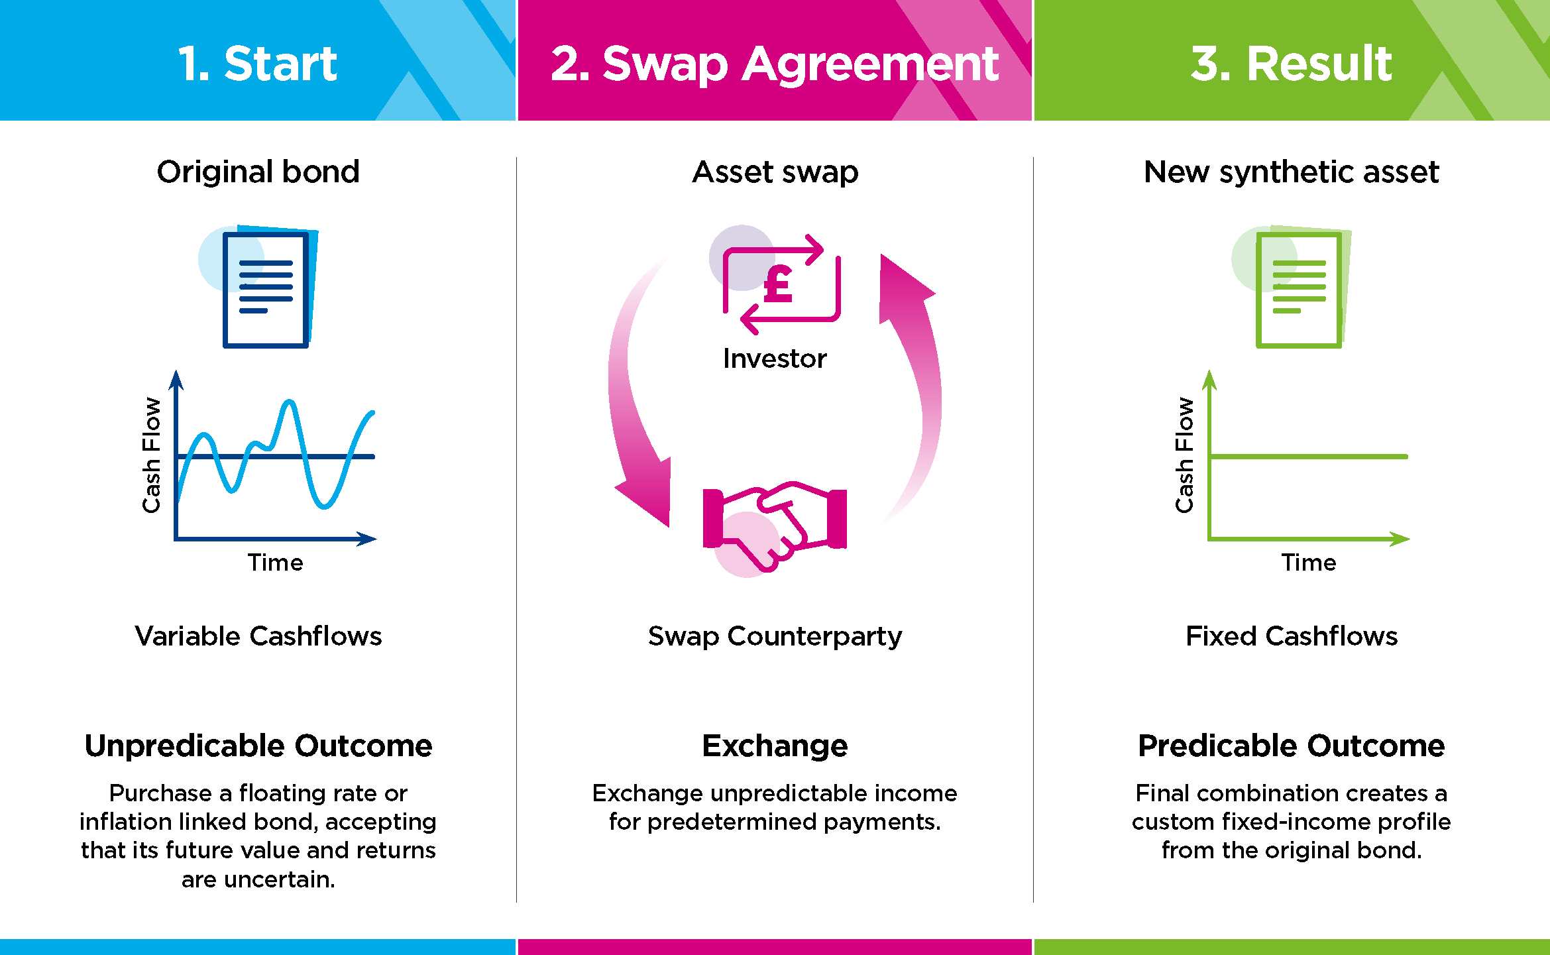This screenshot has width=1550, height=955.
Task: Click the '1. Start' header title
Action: click(258, 64)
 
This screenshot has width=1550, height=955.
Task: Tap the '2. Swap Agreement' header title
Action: click(774, 64)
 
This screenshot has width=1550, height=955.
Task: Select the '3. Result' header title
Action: click(1291, 64)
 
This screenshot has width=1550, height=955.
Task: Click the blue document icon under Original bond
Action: click(266, 288)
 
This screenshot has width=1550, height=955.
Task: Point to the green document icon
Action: click(1299, 288)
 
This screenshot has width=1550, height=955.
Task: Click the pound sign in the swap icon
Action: click(778, 284)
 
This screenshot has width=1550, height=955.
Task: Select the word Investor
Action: click(775, 359)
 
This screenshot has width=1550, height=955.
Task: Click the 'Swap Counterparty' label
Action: click(775, 636)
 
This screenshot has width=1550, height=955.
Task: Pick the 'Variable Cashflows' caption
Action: click(258, 636)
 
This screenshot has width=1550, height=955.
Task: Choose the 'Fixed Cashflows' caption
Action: click(1292, 636)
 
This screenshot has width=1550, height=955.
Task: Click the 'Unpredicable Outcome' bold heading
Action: click(258, 746)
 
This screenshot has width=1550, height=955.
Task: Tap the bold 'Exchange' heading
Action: click(775, 746)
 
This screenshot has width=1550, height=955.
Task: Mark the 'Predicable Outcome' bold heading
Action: click(1292, 746)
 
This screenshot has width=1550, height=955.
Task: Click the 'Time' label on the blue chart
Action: click(275, 563)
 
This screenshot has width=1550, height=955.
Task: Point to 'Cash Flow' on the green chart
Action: click(1184, 455)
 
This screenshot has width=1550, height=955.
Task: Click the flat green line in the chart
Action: click(1309, 457)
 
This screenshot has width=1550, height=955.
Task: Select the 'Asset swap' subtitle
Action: click(775, 172)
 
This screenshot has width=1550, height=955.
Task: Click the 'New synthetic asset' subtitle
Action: click(1292, 172)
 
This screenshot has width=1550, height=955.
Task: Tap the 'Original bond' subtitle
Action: click(258, 172)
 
